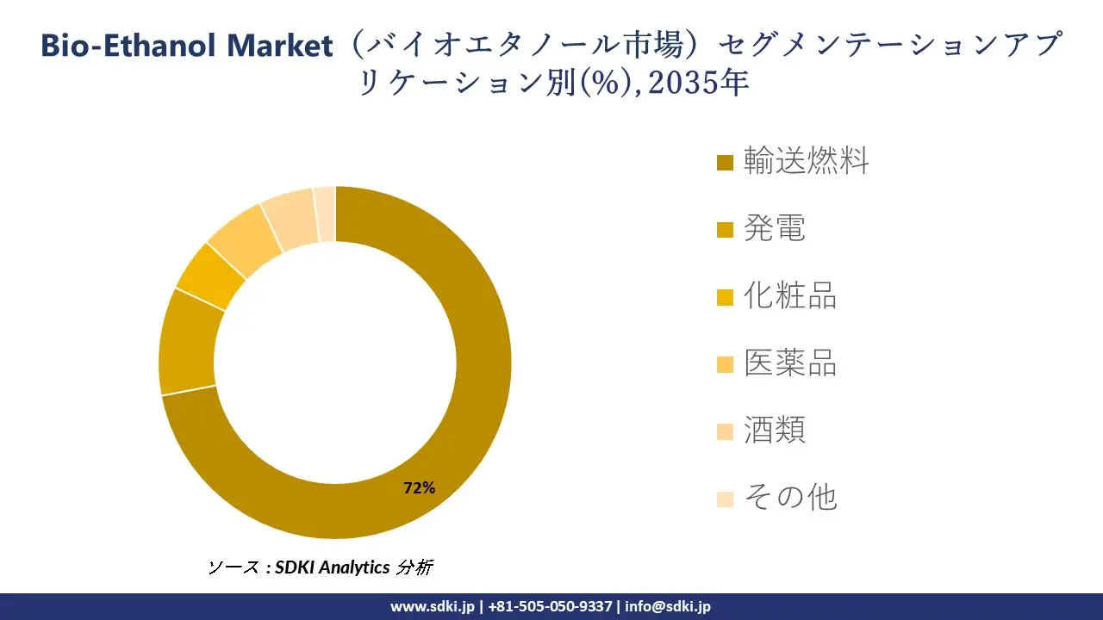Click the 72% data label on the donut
pos(419,488)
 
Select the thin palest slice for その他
pos(325,214)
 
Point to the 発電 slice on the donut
pos(187,342)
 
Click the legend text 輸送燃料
pos(806,161)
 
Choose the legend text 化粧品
pos(790,295)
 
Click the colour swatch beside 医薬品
pos(726,363)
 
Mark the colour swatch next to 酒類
pos(726,431)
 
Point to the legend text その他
pos(790,497)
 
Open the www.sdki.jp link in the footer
pos(432,606)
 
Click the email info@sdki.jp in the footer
pos(668,606)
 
